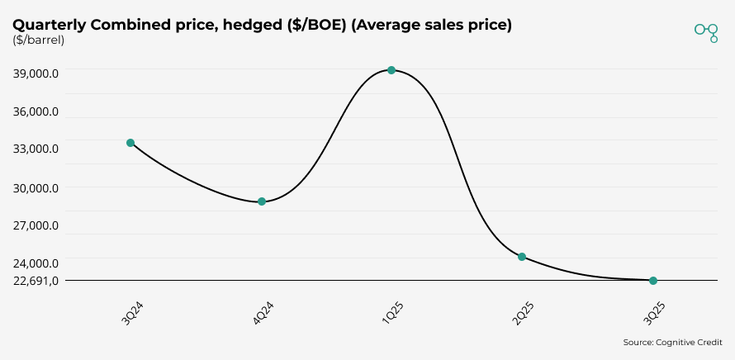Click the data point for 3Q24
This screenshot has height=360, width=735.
(x=130, y=143)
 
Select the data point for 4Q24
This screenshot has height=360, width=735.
(x=262, y=201)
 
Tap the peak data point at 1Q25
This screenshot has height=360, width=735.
(x=391, y=70)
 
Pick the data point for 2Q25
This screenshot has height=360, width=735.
(x=522, y=257)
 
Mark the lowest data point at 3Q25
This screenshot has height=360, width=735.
(x=653, y=281)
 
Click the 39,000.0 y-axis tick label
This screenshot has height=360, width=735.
(x=36, y=73)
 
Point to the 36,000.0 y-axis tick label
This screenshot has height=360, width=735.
(x=36, y=111)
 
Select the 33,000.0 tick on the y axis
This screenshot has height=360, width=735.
(x=36, y=149)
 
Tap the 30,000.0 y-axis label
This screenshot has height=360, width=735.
(x=36, y=187)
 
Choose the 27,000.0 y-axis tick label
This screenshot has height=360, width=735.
(x=36, y=225)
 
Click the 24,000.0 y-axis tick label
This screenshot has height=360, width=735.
(x=36, y=263)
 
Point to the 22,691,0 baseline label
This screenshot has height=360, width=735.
(x=36, y=281)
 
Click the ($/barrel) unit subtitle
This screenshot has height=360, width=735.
(x=39, y=40)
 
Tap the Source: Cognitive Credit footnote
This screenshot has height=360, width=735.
(x=672, y=342)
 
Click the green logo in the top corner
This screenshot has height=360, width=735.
(x=706, y=31)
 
